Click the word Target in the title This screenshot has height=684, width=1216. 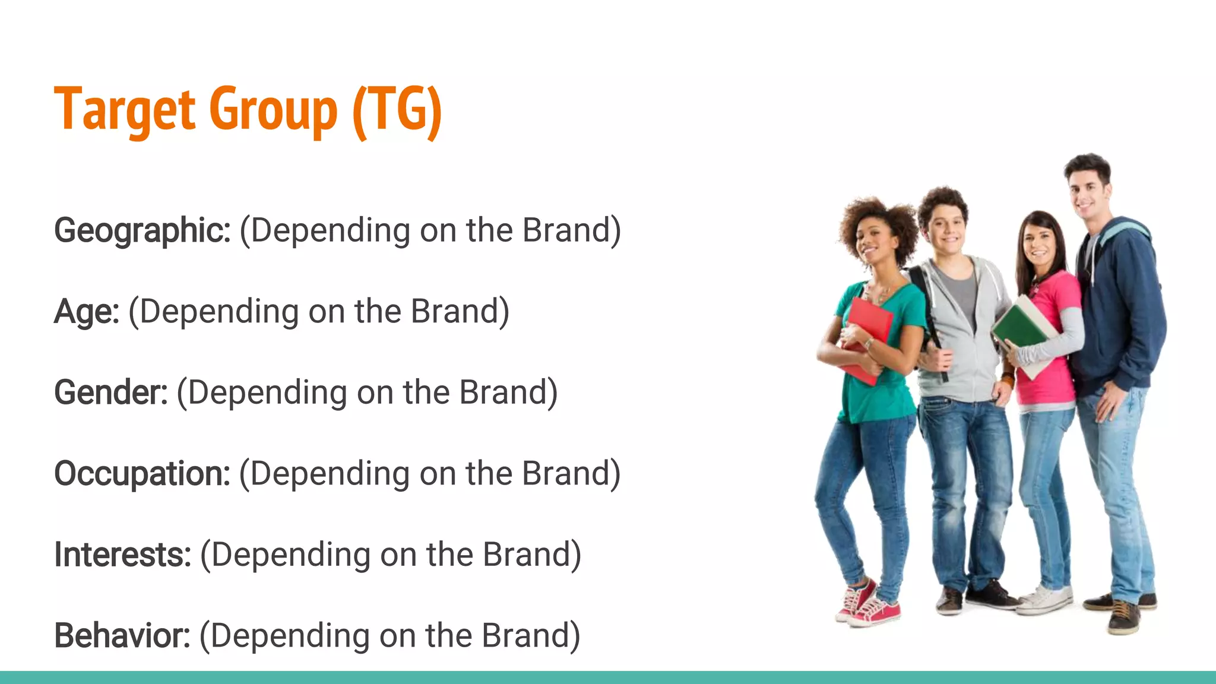pos(125,110)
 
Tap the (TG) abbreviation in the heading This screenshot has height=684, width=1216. pos(397,110)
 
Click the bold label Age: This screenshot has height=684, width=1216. pos(87,312)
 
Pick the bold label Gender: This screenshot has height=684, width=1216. pos(111,392)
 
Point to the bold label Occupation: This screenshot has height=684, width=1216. pos(142,474)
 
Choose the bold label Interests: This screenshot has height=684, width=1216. pos(122,555)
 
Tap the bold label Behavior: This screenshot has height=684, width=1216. pos(122,635)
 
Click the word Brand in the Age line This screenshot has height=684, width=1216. pos(454,312)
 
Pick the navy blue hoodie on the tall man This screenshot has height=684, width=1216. pos(1122,309)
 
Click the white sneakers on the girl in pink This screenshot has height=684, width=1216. pos(1048,598)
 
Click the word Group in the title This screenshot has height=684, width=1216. pos(273,110)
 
